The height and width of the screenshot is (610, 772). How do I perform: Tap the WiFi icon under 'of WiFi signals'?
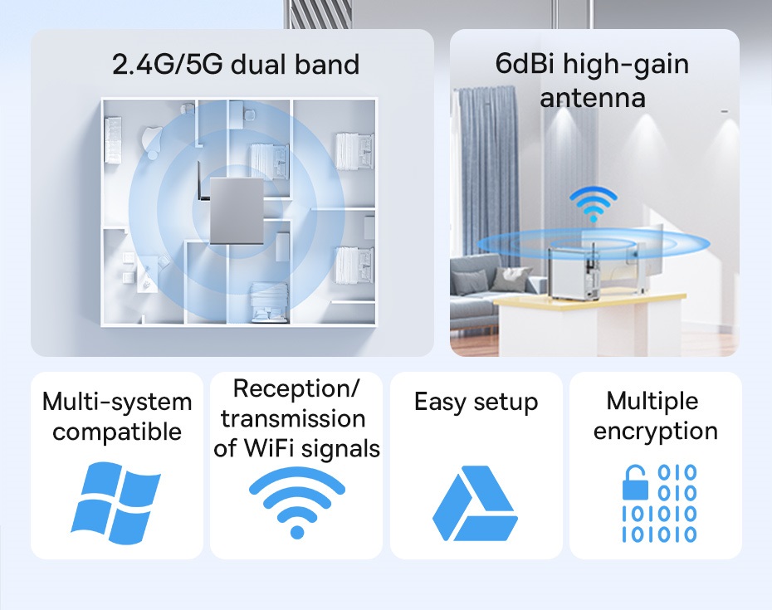[296, 503]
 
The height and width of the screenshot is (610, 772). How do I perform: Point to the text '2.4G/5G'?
[168, 64]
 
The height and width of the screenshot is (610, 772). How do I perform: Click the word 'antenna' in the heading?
[593, 97]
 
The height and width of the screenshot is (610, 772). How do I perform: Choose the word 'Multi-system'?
[117, 402]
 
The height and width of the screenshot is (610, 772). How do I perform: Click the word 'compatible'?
[117, 432]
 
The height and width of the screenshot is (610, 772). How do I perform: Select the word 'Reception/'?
[296, 388]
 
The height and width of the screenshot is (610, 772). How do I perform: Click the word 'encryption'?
[656, 432]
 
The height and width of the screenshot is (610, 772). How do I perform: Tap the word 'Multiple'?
[652, 402]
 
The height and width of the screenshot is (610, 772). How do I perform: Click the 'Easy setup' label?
[476, 403]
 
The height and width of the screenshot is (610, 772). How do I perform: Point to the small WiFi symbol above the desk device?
[593, 204]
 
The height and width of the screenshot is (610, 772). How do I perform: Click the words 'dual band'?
[295, 64]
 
